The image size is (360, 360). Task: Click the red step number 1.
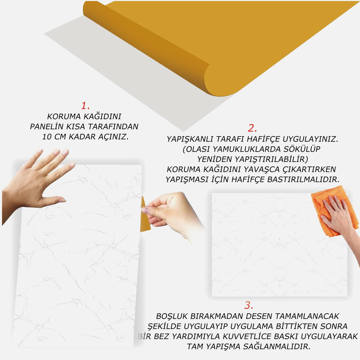point(85,106)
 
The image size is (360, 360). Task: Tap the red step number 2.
point(252,128)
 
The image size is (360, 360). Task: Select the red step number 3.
point(249,305)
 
